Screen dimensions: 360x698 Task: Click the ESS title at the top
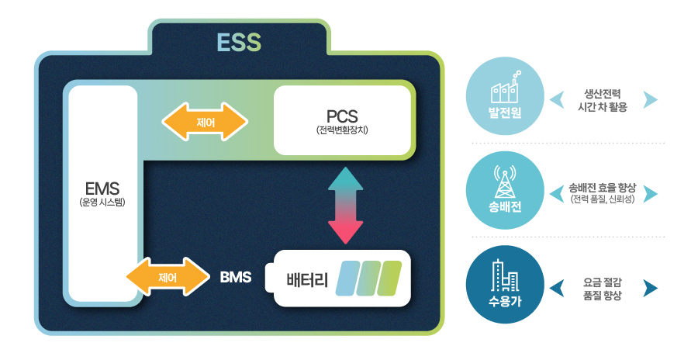[x=239, y=42]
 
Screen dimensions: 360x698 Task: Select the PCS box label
[x=342, y=116]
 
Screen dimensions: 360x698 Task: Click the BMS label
[x=236, y=276]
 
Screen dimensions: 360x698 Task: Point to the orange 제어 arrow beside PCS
[x=205, y=122]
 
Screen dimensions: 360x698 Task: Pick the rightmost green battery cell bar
[x=390, y=279]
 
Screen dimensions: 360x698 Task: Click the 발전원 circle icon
[x=504, y=99]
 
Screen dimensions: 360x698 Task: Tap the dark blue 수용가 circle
[x=504, y=285]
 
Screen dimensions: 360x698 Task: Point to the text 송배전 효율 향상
[x=602, y=188]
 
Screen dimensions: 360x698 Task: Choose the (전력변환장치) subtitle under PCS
[x=342, y=130]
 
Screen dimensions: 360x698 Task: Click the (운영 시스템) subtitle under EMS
[x=102, y=202]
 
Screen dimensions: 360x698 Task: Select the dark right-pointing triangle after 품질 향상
[x=650, y=289]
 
